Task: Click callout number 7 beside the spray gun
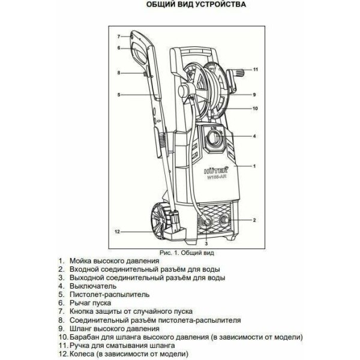click(x=119, y=37)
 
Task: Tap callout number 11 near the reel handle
click(x=256, y=70)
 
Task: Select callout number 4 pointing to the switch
click(x=254, y=136)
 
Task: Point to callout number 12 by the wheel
click(x=118, y=232)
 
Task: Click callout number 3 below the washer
click(x=206, y=244)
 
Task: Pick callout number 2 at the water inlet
click(x=254, y=220)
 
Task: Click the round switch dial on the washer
click(x=215, y=139)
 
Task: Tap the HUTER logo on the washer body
click(x=216, y=170)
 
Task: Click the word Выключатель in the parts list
click(x=93, y=286)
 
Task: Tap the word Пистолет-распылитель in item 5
click(x=110, y=295)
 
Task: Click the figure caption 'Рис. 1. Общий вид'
click(x=187, y=253)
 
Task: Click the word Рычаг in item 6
click(x=79, y=303)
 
